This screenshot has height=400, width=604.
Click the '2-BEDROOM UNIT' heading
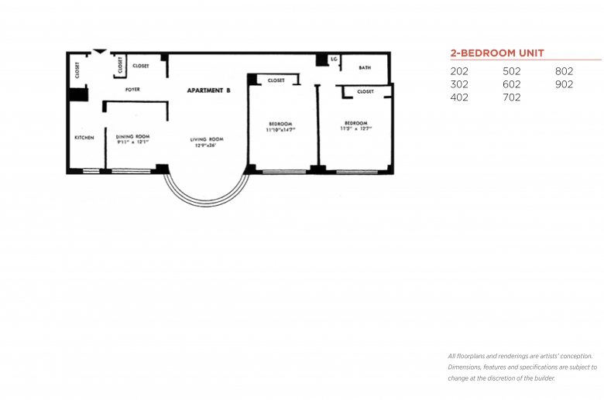[x=497, y=53]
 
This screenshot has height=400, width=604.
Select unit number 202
[x=459, y=71]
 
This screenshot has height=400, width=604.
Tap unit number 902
[x=564, y=84]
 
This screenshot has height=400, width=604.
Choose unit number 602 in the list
[x=512, y=84]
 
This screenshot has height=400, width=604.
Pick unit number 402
[x=459, y=97]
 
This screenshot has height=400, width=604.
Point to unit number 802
[x=564, y=71]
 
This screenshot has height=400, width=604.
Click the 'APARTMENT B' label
[x=209, y=91]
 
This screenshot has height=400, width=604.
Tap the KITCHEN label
[x=84, y=138]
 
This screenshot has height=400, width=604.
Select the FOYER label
[x=132, y=90]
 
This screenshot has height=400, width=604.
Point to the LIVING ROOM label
[x=207, y=139]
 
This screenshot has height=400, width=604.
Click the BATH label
[x=365, y=68]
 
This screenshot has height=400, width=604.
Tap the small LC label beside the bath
[x=335, y=59]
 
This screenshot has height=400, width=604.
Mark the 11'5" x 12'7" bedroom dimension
[x=355, y=128]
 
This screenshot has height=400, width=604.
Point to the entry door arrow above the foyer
[x=100, y=53]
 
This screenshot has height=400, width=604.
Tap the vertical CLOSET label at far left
[x=77, y=70]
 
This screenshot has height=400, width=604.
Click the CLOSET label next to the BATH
[x=365, y=91]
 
